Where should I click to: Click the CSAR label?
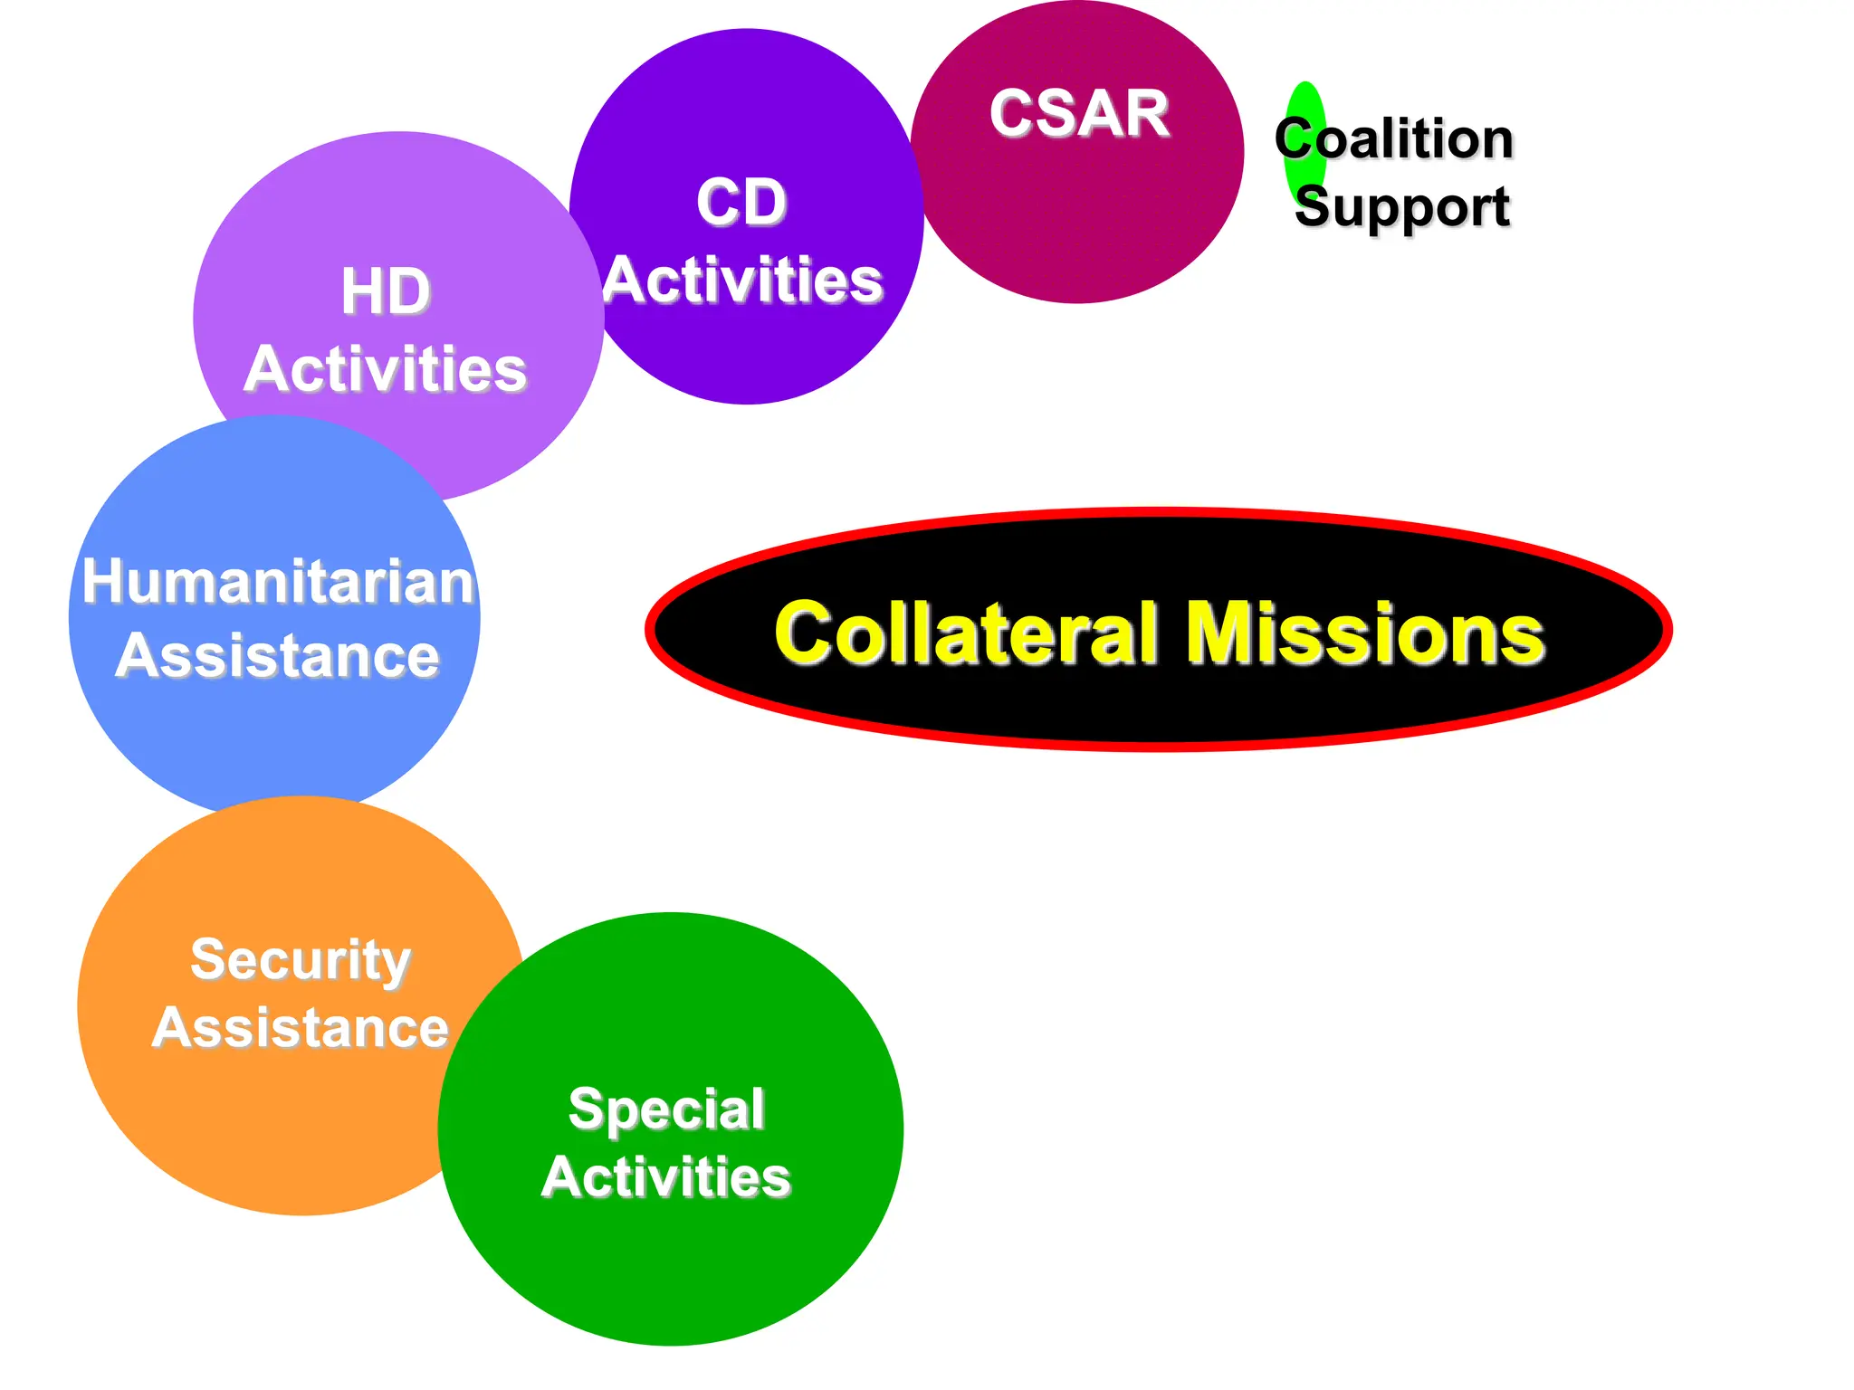point(1079,114)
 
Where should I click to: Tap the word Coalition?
point(1394,139)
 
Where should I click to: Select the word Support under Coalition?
point(1402,207)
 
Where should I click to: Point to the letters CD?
point(741,202)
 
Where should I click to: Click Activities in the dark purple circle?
point(743,281)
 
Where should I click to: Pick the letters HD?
point(386,291)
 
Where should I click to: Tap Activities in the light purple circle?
point(386,369)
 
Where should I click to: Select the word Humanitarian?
point(278,581)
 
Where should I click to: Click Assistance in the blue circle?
point(278,655)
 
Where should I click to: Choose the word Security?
point(301,959)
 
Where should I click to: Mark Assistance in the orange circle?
point(301,1028)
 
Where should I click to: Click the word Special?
point(666,1109)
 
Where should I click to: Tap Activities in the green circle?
point(666,1177)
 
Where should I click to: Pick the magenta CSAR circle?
point(1077,217)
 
